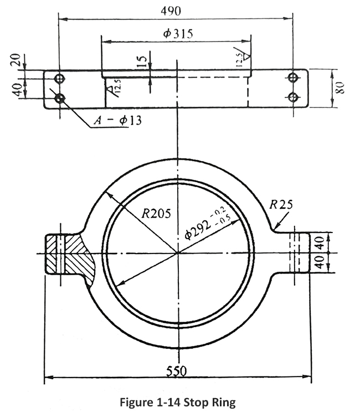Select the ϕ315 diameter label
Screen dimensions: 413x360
click(178, 34)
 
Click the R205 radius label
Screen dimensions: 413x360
click(156, 212)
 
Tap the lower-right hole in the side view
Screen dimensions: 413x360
click(294, 97)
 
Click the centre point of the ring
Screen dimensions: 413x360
click(177, 253)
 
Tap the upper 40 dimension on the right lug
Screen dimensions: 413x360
click(319, 242)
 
